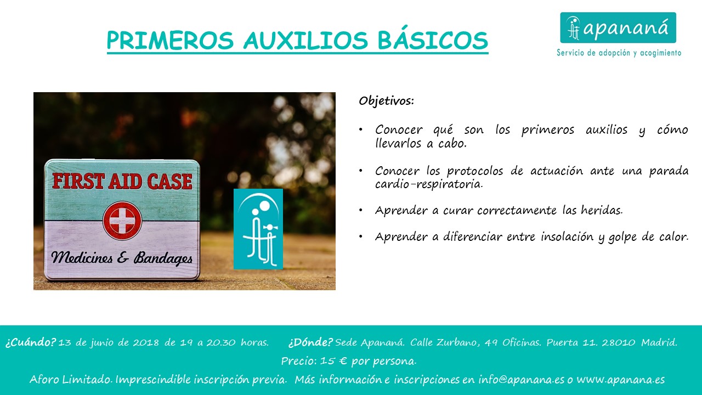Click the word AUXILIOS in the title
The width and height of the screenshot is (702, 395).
(305, 40)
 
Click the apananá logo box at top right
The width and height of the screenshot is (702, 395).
(618, 27)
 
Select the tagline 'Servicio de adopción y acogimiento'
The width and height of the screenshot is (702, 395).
(619, 53)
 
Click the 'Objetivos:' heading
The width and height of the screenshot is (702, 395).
(387, 101)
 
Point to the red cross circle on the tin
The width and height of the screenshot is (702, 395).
(122, 221)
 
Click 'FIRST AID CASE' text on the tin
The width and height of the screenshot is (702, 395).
(122, 181)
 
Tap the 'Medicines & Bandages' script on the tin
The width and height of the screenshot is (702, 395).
(122, 258)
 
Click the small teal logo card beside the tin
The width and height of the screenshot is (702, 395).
(258, 229)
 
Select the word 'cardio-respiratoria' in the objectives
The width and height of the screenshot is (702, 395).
(429, 184)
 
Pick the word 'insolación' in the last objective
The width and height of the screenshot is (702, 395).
(567, 236)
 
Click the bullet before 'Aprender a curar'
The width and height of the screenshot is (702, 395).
(361, 210)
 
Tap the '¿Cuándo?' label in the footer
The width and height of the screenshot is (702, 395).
(30, 342)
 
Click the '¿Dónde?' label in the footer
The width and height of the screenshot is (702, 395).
(310, 342)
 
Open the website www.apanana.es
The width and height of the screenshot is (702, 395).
(621, 380)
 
